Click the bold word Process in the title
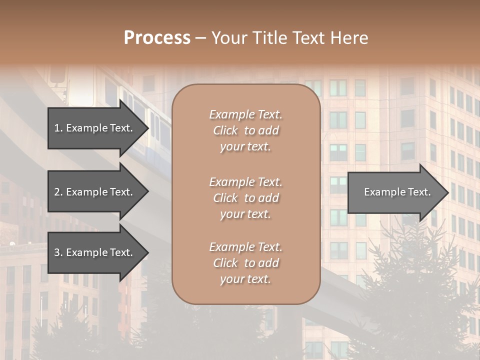click(157, 38)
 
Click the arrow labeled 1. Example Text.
click(95, 128)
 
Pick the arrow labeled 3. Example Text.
click(95, 253)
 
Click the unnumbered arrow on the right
click(395, 192)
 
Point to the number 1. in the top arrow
click(58, 128)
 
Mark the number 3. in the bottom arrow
click(58, 253)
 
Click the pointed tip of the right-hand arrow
click(446, 192)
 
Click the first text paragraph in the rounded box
click(245, 130)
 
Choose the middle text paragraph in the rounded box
click(245, 198)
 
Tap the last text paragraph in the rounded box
click(245, 263)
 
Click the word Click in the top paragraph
click(225, 131)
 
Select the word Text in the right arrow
click(418, 192)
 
